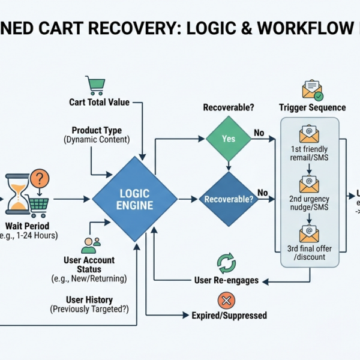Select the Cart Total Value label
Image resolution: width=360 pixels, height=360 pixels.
coord(99,103)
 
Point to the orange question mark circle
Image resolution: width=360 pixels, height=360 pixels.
coord(39,178)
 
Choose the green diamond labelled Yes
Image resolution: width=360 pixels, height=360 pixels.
coord(229,138)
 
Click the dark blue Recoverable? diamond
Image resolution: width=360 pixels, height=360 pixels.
coord(227,199)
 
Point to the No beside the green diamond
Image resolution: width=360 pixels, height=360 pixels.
coord(259,133)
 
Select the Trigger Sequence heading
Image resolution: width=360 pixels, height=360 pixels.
coord(312,107)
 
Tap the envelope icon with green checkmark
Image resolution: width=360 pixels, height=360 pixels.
coord(313,90)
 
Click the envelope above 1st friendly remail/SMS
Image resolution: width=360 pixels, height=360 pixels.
coord(309,133)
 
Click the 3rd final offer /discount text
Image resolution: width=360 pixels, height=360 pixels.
coord(309,253)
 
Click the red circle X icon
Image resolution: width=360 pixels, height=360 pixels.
coord(226,301)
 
